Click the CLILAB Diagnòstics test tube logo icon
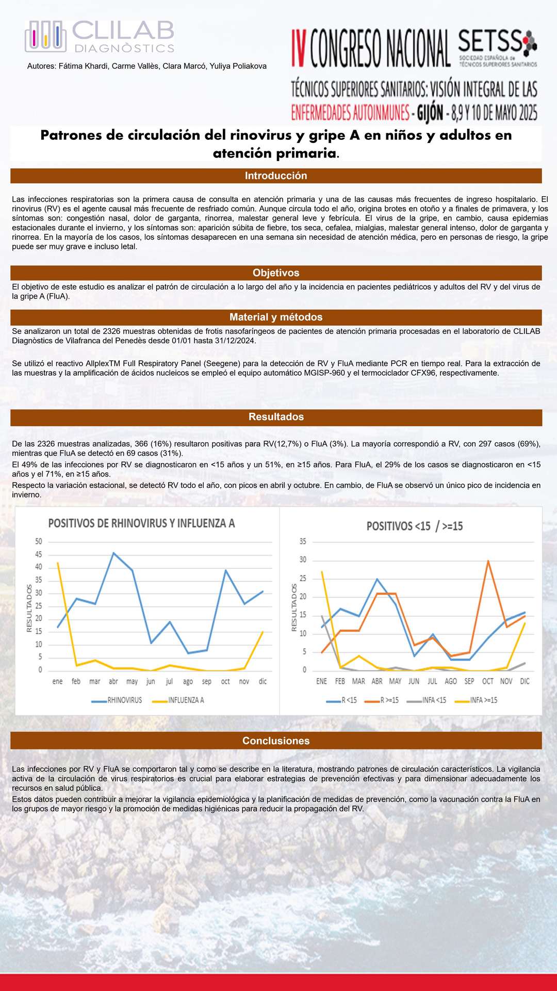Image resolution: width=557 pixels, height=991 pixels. point(45,36)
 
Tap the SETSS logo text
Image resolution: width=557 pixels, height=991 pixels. point(490,41)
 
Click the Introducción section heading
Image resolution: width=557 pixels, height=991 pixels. point(276,176)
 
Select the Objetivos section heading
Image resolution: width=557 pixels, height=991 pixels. point(276,273)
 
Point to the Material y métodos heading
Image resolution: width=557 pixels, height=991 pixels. point(276,317)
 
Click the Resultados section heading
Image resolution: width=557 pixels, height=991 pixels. point(276,417)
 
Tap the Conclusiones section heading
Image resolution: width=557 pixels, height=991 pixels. point(276,741)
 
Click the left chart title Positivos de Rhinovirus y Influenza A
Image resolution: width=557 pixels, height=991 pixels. point(141,523)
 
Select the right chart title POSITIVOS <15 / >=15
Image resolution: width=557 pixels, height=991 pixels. point(415,526)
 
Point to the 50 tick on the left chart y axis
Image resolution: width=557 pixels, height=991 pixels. point(39,541)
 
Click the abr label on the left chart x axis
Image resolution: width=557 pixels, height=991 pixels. point(113,682)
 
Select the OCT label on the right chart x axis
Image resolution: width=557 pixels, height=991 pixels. point(488,681)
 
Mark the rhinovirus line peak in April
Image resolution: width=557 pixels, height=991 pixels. point(113,553)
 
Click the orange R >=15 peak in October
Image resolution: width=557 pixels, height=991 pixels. point(488,561)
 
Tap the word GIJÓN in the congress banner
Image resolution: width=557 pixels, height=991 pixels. point(430,113)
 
